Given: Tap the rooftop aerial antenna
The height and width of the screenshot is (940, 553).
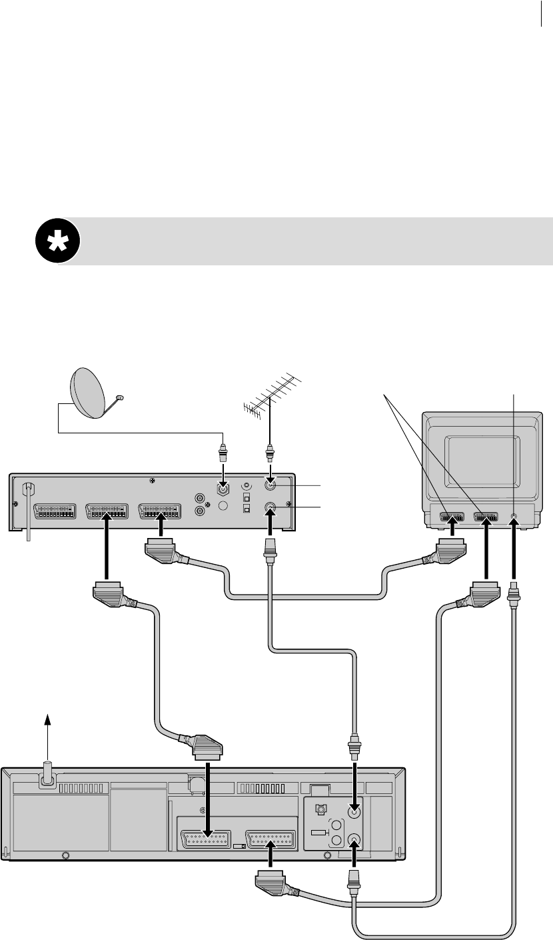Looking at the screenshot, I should (271, 397).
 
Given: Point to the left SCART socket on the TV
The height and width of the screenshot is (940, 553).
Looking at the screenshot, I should (452, 516).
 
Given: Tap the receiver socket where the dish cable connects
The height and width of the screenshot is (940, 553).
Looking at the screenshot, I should (224, 488).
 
